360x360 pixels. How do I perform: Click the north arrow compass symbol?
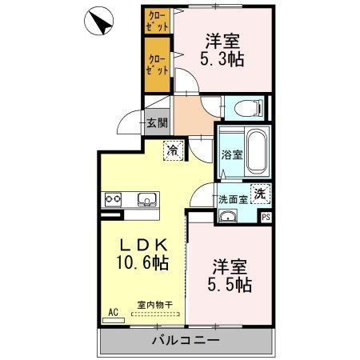click(x=98, y=21)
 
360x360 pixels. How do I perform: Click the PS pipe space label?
click(x=266, y=217)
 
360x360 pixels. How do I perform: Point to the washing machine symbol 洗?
click(x=260, y=194)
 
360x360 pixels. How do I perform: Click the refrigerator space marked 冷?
click(x=173, y=150)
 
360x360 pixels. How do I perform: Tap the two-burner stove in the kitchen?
click(x=113, y=199)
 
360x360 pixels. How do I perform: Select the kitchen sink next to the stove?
click(x=146, y=199)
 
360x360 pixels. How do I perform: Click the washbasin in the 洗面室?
click(x=227, y=216)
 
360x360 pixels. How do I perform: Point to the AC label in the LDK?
click(x=113, y=312)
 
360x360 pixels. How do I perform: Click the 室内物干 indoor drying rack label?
click(x=155, y=305)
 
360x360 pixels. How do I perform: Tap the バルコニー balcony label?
click(x=186, y=340)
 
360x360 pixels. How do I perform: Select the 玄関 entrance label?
click(x=158, y=123)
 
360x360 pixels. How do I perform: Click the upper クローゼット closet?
click(x=158, y=21)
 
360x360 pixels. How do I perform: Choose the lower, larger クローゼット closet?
click(x=158, y=65)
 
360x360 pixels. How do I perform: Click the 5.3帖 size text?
click(x=222, y=59)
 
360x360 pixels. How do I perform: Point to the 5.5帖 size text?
click(x=230, y=285)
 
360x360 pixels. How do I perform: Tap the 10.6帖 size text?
click(x=142, y=262)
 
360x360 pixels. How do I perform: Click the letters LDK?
click(x=144, y=245)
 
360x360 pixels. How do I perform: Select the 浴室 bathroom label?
click(x=232, y=155)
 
